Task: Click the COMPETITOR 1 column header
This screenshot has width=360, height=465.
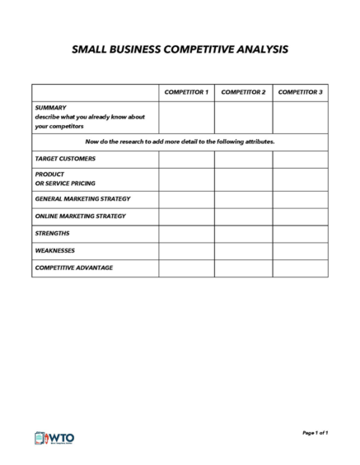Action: coord(187,91)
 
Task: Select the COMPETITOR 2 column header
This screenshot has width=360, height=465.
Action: coord(243,91)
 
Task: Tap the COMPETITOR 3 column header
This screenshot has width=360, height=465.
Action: coord(300,91)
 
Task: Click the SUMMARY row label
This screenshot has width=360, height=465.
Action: coord(50,108)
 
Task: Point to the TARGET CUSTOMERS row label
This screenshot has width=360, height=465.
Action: coord(65,158)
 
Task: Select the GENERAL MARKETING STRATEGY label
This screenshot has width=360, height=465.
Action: coord(82,199)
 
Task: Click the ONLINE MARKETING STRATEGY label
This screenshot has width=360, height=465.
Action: coord(80,216)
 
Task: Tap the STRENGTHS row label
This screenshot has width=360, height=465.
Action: coord(52,234)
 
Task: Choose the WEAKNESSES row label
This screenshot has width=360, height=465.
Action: coord(55,251)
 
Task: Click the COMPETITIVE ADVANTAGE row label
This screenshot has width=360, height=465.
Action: coord(73,268)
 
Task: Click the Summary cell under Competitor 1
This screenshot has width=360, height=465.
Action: coord(187,117)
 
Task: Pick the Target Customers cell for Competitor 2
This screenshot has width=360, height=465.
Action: coord(243,158)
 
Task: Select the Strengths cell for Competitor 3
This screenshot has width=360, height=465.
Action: coord(300,235)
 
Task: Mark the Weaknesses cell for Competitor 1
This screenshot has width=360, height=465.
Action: coord(187,252)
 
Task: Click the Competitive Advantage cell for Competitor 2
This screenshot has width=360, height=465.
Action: coord(243,269)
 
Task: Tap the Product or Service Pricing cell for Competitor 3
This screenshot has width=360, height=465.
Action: coord(300,179)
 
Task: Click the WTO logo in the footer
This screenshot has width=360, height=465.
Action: coord(53,437)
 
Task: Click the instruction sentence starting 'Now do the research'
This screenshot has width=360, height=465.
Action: coord(180,142)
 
